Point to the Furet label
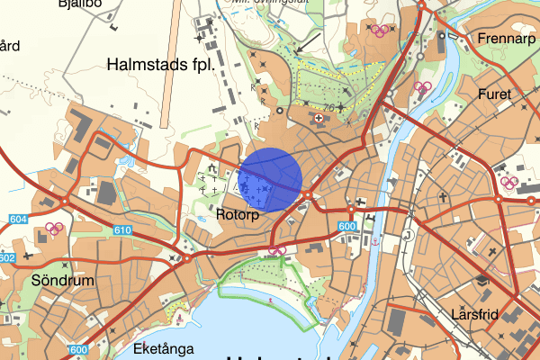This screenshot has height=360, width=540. click(x=494, y=94)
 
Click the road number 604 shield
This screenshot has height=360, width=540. click(x=15, y=219)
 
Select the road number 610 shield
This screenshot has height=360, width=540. click(x=123, y=231)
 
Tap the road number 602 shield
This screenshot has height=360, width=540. click(x=7, y=258)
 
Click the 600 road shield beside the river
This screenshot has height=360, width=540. click(x=347, y=226)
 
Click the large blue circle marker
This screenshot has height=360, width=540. click(x=270, y=179)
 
